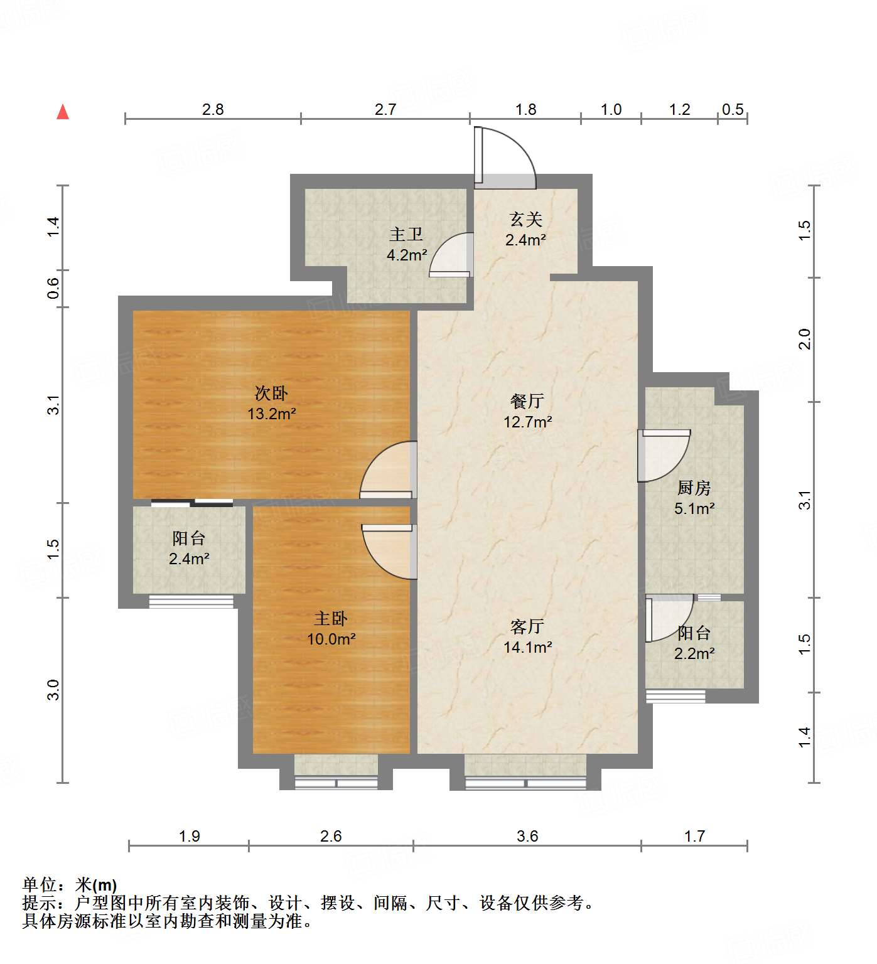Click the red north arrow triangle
click(x=63, y=112)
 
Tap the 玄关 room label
click(x=525, y=220)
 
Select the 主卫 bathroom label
click(x=406, y=235)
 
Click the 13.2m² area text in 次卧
click(x=271, y=414)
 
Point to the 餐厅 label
click(x=527, y=401)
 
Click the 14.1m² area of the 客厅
click(x=527, y=647)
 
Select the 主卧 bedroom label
click(x=331, y=619)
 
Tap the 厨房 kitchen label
click(x=694, y=488)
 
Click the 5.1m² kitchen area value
click(x=694, y=508)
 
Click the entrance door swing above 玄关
click(x=505, y=157)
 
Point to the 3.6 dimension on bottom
click(x=527, y=836)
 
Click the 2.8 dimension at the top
click(x=213, y=109)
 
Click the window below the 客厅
click(x=525, y=783)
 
